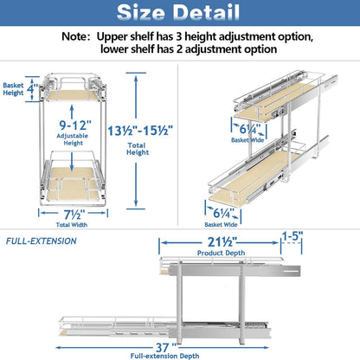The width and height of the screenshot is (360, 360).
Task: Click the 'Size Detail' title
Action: (179, 15)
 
